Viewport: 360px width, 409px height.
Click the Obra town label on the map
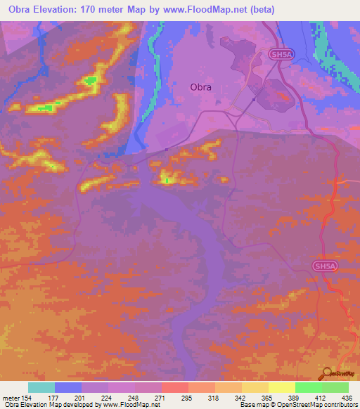coord(200,88)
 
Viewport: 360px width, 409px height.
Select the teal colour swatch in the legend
coord(41,387)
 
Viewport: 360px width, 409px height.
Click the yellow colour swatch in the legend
coord(281,387)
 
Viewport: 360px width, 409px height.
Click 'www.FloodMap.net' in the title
coord(209,10)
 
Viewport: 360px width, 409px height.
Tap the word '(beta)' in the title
coord(258,10)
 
